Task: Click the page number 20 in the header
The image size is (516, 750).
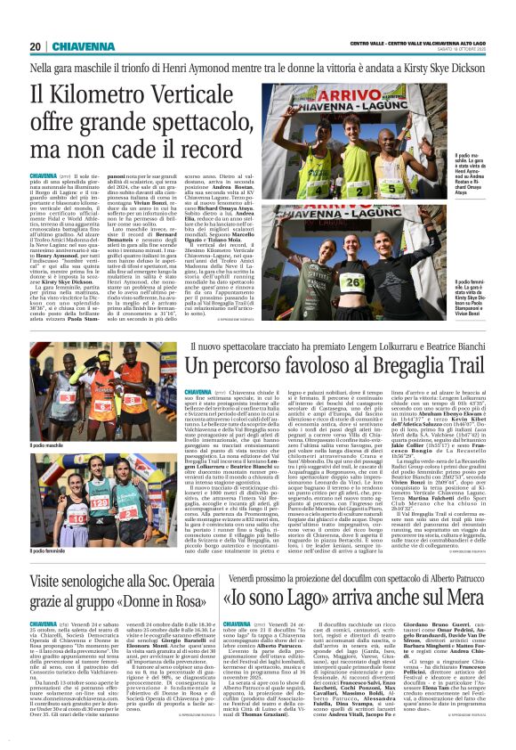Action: [x=35, y=46]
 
